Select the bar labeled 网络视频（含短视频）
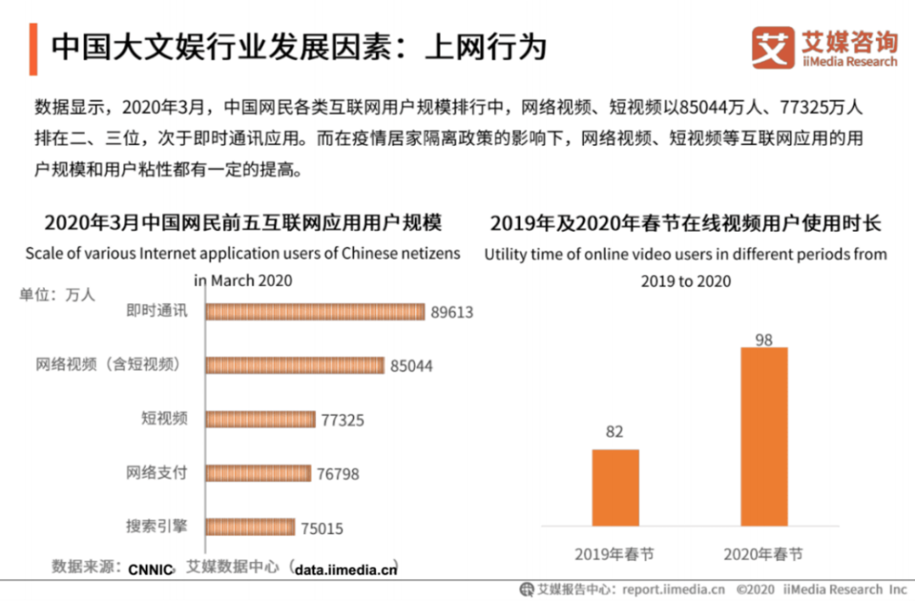point(296,365)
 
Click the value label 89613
point(451,312)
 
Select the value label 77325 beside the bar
point(342,420)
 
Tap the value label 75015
point(322,528)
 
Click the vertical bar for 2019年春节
point(615,487)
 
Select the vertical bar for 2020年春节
point(763,436)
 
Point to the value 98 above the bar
point(763,339)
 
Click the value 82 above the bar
point(615,432)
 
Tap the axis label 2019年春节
point(615,554)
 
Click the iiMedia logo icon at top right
point(772,48)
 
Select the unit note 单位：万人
point(58,295)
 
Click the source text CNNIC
point(151,569)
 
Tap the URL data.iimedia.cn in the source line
point(346,569)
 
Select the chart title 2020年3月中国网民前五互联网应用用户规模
point(243,223)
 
